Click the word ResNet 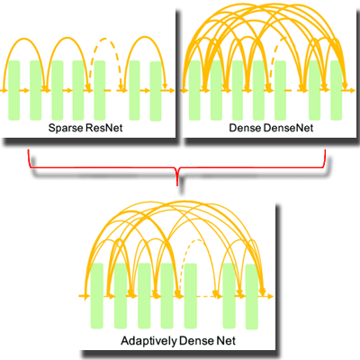(x=104, y=130)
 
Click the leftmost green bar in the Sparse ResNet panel (x=15, y=90)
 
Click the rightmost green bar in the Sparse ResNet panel (x=154, y=90)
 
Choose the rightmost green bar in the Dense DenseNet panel (x=337, y=90)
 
